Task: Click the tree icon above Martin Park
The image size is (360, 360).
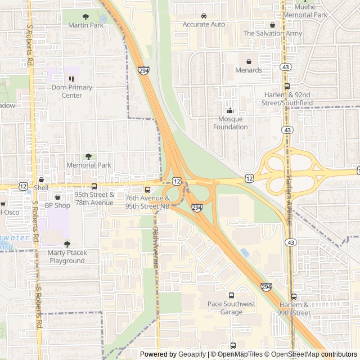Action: click(85, 17)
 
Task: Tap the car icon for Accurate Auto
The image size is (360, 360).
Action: click(204, 16)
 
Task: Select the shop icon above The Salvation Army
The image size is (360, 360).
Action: click(272, 25)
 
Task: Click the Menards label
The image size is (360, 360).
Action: click(249, 70)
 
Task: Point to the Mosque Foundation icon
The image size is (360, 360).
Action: click(230, 110)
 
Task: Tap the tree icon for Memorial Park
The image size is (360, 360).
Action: click(88, 156)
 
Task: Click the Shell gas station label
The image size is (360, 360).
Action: click(41, 187)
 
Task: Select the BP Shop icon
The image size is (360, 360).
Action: click(57, 197)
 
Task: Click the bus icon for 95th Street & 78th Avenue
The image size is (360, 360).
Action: click(94, 186)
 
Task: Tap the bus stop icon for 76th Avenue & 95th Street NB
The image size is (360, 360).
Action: click(148, 190)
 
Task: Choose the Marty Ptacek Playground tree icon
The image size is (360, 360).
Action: click(67, 244)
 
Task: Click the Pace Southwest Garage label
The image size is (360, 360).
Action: click(231, 308)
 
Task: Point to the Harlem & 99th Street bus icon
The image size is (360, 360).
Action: click(294, 296)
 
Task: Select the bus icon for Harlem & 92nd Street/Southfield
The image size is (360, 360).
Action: click(287, 86)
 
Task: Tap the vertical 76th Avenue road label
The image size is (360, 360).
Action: click(155, 247)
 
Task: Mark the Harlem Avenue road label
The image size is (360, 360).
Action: click(289, 200)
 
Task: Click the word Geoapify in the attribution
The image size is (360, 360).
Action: click(192, 354)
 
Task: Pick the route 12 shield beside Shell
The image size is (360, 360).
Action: click(23, 186)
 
